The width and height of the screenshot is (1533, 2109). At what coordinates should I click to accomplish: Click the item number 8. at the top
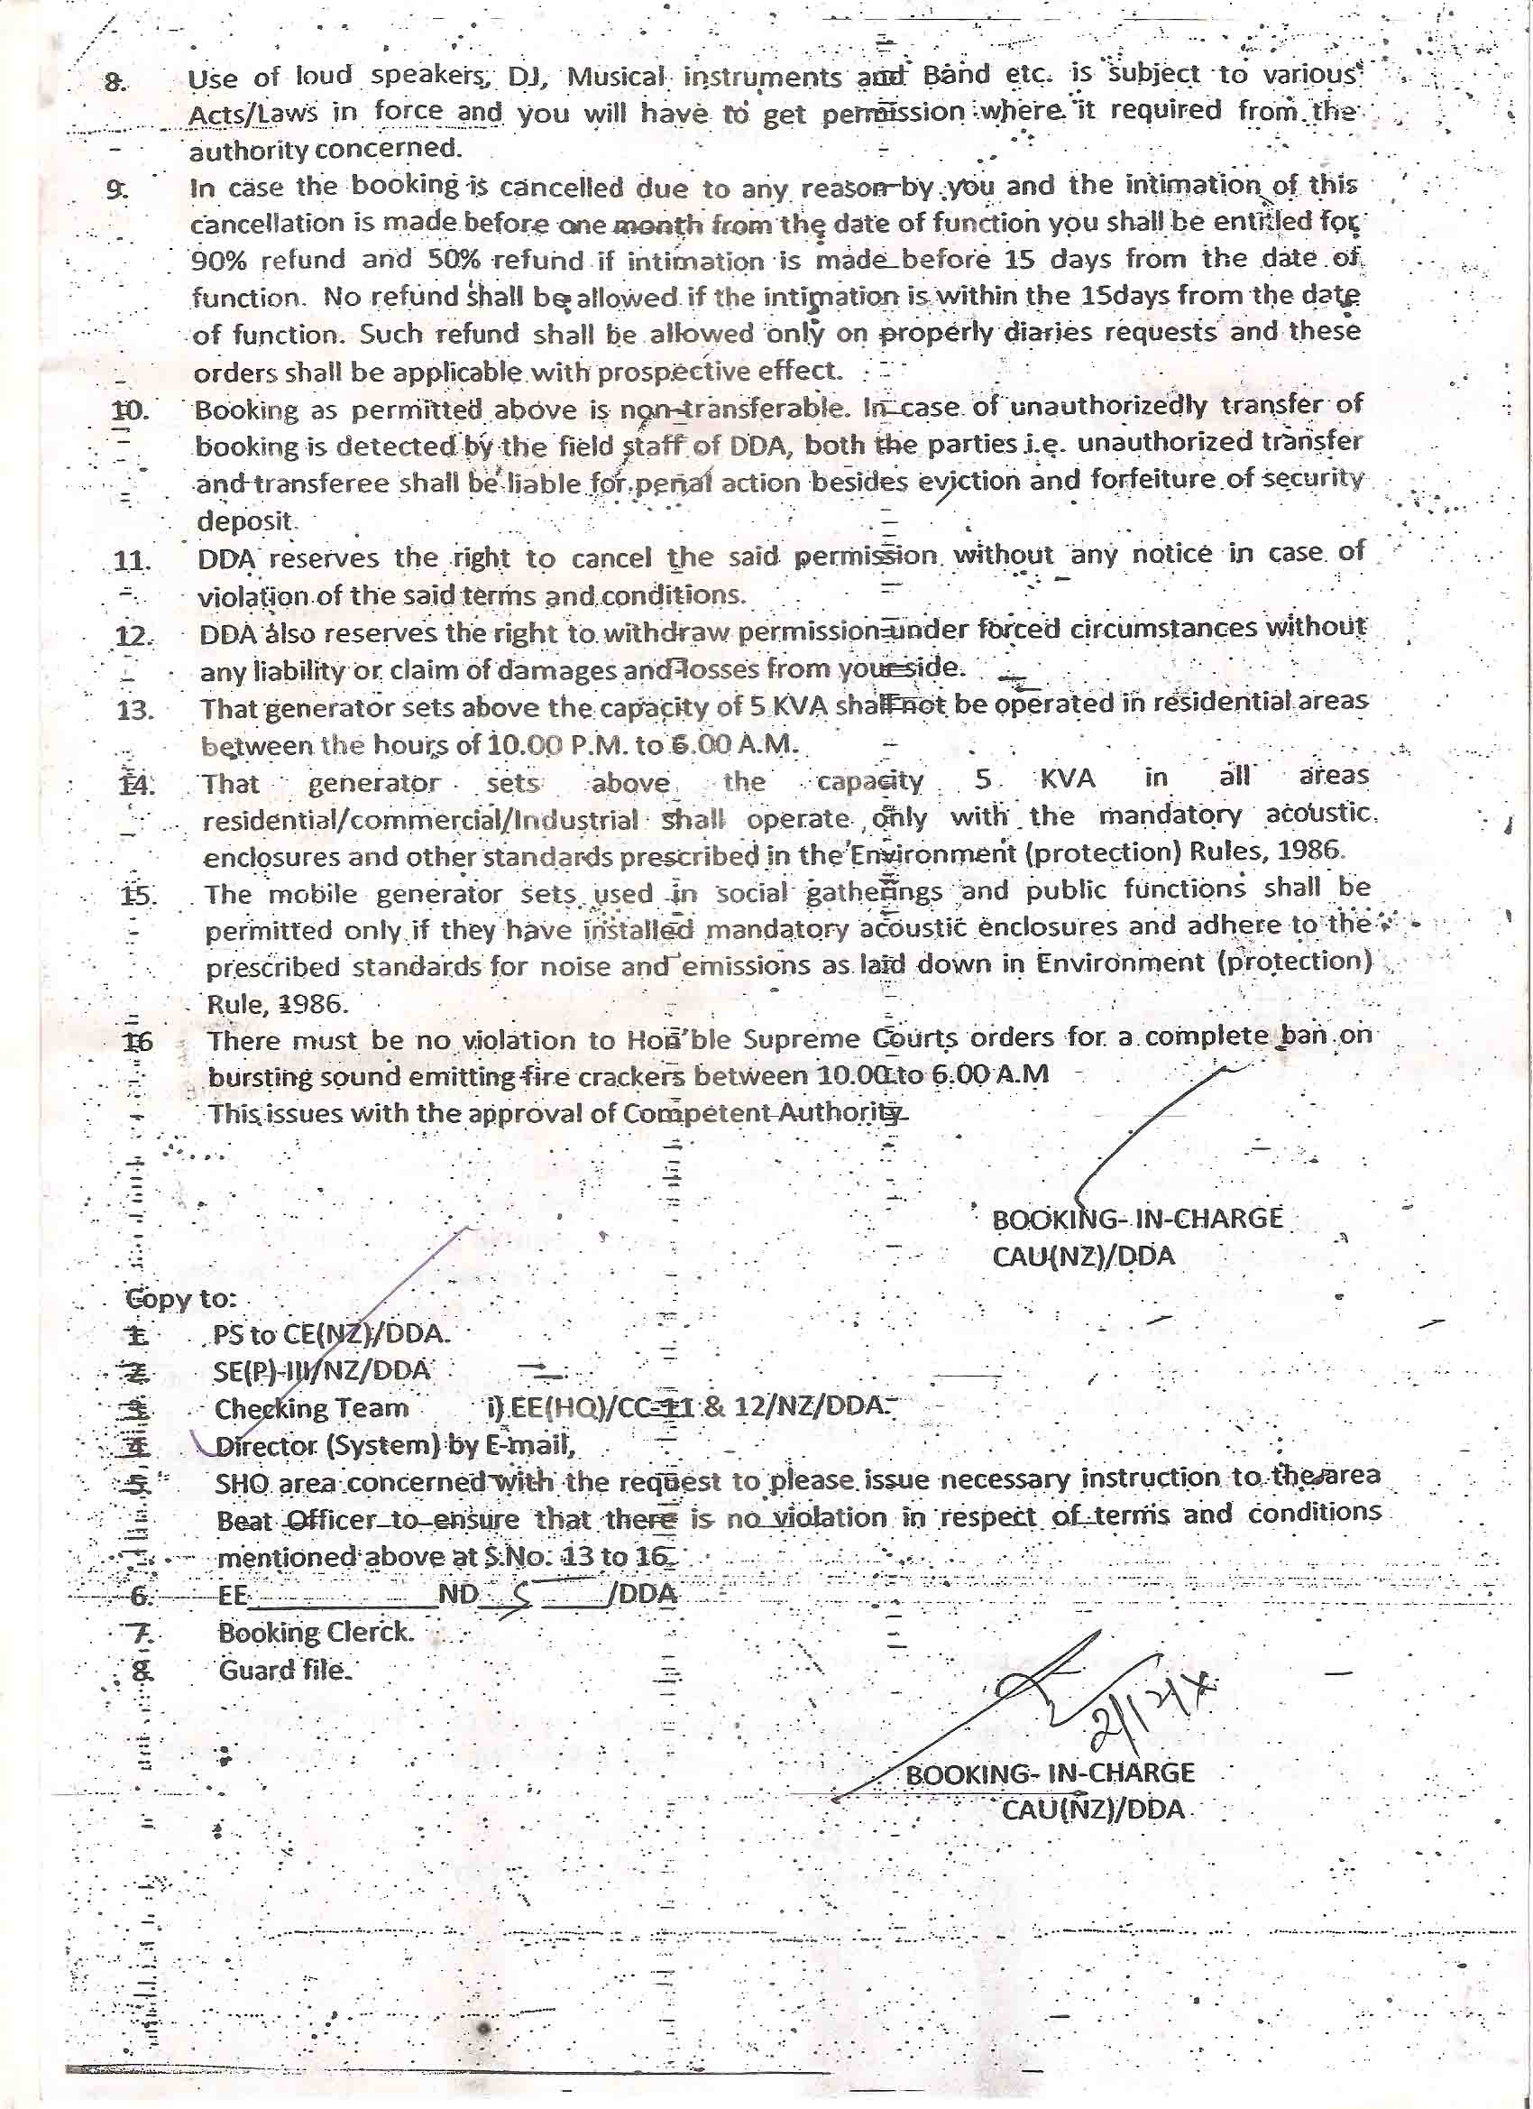pos(115,83)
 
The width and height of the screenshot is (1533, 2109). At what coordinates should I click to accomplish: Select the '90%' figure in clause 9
pos(216,261)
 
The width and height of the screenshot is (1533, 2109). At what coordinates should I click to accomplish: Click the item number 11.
pos(132,561)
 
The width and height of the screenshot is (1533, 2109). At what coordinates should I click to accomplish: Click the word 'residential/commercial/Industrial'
pos(420,821)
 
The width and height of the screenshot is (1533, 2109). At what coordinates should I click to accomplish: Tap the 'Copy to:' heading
pos(181,1299)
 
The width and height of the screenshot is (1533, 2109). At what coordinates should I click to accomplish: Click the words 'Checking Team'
pos(311,1409)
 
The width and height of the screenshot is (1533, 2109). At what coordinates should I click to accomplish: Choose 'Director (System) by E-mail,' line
pos(395,1446)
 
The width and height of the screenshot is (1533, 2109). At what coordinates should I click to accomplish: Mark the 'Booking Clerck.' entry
pos(315,1632)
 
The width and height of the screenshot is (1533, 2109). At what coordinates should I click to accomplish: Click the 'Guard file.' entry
pos(285,1670)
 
